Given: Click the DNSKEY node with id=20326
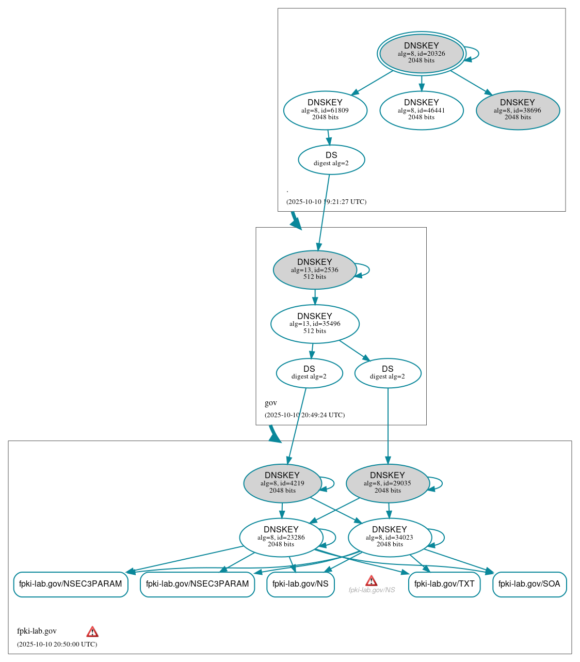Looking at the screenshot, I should [422, 53].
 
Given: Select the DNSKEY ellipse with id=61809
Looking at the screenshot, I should [325, 110].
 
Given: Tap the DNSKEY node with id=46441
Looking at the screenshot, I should [422, 110].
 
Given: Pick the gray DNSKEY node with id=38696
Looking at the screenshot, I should [518, 110].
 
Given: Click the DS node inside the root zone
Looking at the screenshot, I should [331, 160].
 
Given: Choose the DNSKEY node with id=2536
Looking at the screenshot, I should [315, 270].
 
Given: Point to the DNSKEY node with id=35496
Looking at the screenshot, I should [315, 324].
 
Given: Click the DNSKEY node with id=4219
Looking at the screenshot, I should [282, 483].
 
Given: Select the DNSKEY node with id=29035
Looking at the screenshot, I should [388, 483].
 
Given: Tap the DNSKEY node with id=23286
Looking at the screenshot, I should [281, 538].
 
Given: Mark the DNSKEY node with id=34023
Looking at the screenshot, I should [390, 538].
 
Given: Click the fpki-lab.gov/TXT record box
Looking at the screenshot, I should [444, 584].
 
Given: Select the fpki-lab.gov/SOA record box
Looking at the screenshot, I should [529, 584].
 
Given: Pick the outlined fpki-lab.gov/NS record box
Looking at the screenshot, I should [300, 584].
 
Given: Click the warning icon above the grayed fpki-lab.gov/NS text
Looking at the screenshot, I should [371, 580].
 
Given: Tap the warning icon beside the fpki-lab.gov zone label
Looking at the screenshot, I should [92, 632].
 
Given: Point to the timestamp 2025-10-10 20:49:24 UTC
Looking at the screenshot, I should [304, 415].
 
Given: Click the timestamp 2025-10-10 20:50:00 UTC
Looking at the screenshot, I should [57, 644].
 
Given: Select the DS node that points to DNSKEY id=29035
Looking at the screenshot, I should [388, 373].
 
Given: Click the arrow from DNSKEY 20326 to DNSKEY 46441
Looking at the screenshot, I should [422, 84].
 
